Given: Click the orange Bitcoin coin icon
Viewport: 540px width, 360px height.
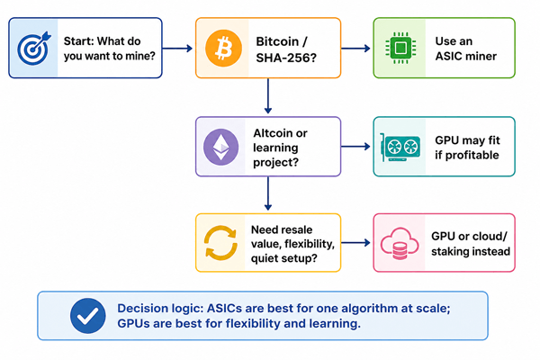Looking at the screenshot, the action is coord(223,48).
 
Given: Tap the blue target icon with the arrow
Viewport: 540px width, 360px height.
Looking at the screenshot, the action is coord(34,49).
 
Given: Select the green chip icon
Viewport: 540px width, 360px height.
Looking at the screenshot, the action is coord(400,48).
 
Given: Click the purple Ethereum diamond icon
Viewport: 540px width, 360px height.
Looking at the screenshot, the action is coord(220,147).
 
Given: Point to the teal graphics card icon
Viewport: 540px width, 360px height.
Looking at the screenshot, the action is coord(400,148).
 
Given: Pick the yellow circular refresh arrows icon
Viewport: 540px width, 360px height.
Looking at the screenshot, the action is coord(220,243).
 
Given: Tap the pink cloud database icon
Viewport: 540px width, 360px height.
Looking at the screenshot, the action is coord(400,244).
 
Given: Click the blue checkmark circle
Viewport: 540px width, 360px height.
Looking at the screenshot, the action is coord(88,316).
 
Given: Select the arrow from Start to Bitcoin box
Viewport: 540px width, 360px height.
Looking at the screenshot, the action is coord(177,49).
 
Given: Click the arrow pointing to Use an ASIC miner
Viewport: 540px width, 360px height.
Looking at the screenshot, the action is coord(355,49).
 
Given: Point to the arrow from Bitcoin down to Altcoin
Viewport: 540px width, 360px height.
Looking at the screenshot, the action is coord(268,95).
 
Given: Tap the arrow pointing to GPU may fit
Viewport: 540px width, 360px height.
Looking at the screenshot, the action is coord(355,147).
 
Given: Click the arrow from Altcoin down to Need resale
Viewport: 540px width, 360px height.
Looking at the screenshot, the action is coord(268,193).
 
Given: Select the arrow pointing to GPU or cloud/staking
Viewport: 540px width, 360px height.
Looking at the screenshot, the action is coord(355,243).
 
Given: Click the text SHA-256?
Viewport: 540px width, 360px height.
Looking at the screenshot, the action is coord(286,58).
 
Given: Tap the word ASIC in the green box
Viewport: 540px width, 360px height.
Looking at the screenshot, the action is coord(448,56).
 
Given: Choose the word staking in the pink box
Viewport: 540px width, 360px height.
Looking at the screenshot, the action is coord(448,251).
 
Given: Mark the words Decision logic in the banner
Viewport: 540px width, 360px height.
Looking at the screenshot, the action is coord(160,309).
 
